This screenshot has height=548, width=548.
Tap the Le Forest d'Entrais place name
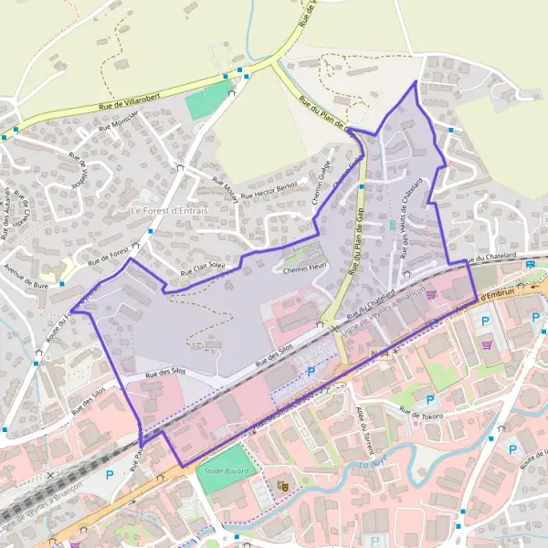click(x=169, y=211)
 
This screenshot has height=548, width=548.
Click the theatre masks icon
click(x=282, y=486)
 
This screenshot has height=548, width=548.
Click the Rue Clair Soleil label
click(x=202, y=268)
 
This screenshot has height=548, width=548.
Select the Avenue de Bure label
click(x=26, y=275)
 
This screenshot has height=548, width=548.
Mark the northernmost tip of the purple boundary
click(x=416, y=82)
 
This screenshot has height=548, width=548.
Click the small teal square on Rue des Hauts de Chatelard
click(x=393, y=224)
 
